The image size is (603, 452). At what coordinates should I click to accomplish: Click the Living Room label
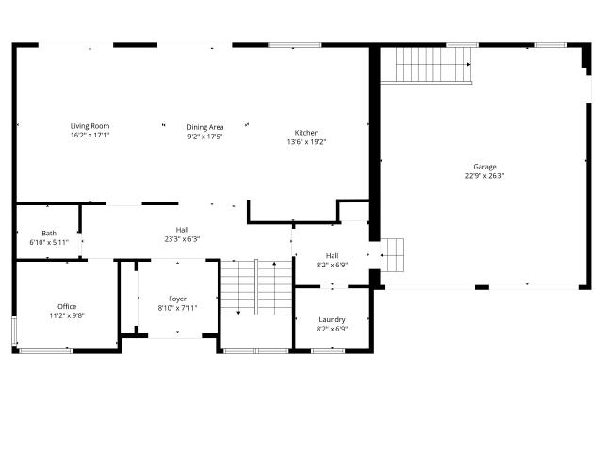(x=90, y=126)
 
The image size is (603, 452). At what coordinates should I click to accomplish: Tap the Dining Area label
(x=205, y=127)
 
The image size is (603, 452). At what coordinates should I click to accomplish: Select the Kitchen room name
(x=306, y=133)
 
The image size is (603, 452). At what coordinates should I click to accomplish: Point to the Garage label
(x=484, y=167)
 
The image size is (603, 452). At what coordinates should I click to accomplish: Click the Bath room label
(x=49, y=234)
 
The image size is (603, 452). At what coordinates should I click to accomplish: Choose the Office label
(x=67, y=307)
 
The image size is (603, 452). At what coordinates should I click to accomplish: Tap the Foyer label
(x=178, y=299)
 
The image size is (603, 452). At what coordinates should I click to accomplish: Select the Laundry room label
(x=332, y=320)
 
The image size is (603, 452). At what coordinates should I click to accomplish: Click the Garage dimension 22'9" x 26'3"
(x=484, y=176)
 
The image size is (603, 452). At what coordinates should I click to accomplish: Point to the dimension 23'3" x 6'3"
(x=182, y=239)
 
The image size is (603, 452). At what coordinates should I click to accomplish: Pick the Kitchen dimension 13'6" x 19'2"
(x=306, y=142)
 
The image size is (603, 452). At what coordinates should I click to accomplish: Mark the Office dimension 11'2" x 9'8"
(x=67, y=316)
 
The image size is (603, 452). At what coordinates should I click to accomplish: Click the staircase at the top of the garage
(x=433, y=65)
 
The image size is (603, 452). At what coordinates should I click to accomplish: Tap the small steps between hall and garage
(x=392, y=255)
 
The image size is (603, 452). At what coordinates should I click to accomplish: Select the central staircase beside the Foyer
(x=256, y=287)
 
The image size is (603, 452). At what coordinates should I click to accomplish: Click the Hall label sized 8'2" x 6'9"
(x=333, y=256)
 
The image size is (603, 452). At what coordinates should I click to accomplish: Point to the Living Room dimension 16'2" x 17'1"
(x=90, y=136)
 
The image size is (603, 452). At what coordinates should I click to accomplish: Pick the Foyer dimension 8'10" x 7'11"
(x=178, y=308)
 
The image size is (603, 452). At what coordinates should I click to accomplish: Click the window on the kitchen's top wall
(x=295, y=45)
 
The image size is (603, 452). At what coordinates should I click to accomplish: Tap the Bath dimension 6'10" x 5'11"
(x=49, y=243)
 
